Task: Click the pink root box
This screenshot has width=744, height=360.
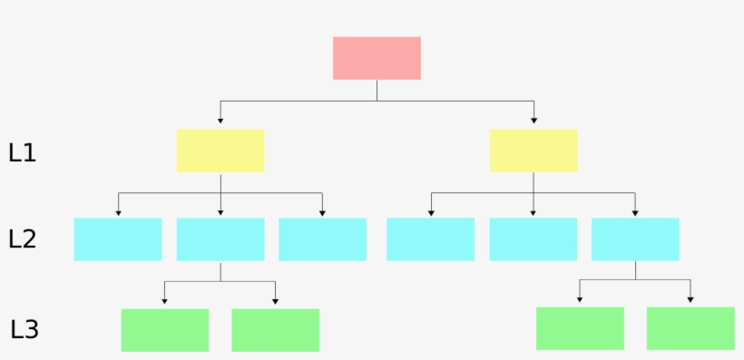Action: point(377,58)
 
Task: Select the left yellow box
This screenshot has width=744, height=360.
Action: point(220,151)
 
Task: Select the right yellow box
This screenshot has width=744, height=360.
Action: point(534,151)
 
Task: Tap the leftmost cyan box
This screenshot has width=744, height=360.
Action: point(118,239)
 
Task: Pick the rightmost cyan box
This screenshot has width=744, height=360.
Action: point(635,239)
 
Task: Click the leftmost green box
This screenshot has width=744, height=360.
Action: point(165,330)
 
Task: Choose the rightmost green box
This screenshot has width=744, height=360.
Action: point(690,328)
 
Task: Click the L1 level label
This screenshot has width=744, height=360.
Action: point(22,153)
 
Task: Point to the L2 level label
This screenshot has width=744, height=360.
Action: point(22,239)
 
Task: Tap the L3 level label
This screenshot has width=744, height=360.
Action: point(24,329)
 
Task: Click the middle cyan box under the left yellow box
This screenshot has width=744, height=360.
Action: point(220,239)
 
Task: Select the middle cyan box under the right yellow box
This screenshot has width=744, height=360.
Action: point(534,239)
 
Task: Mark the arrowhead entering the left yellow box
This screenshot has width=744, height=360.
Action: point(220,121)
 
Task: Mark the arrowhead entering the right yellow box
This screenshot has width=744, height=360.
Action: point(534,121)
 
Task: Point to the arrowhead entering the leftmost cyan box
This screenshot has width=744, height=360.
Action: point(118,213)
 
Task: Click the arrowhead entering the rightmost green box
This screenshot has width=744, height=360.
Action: point(690,299)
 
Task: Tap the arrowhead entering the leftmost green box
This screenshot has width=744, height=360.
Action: point(165,301)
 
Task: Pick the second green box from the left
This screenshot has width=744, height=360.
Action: point(276,330)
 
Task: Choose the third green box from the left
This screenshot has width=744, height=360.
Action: point(580,328)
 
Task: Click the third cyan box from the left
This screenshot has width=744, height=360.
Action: point(322,239)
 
